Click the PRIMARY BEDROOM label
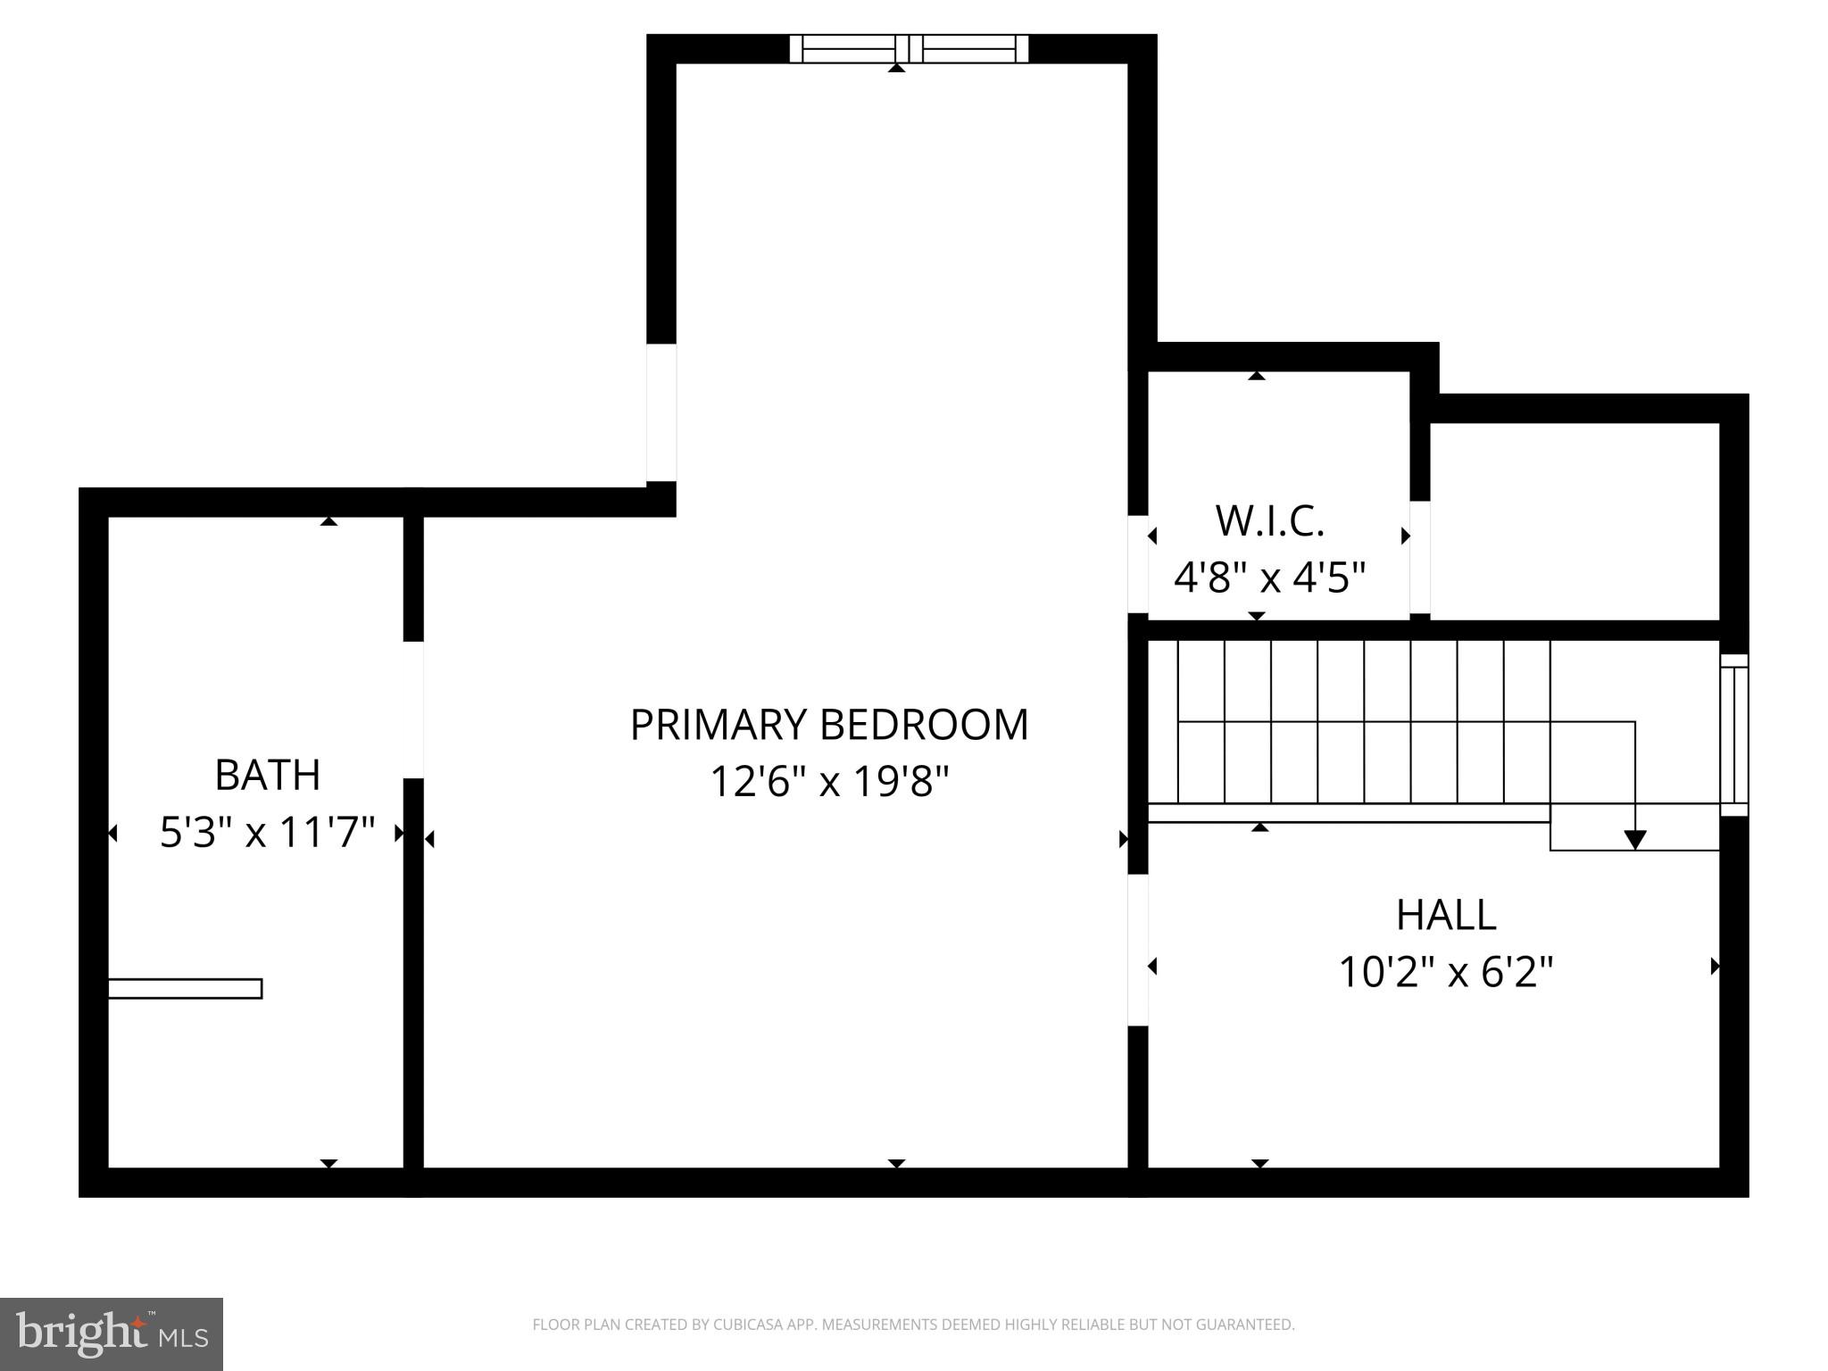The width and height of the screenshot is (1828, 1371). [x=828, y=725]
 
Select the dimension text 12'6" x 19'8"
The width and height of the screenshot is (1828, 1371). [x=828, y=783]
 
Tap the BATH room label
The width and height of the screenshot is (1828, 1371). [x=267, y=775]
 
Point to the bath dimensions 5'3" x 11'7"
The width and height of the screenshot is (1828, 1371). [x=267, y=833]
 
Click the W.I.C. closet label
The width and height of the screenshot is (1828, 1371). [x=1269, y=521]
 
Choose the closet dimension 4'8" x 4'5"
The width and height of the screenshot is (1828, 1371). [x=1269, y=577]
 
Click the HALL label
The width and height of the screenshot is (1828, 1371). [x=1445, y=915]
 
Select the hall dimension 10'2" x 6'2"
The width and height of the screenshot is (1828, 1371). [x=1445, y=972]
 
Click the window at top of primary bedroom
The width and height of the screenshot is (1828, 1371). [x=909, y=49]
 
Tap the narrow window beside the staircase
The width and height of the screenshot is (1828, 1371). [x=1733, y=735]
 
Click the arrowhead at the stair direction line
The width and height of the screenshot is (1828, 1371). [x=1634, y=840]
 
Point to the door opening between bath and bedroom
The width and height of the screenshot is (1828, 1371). [x=412, y=710]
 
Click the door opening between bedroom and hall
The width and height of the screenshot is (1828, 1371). [x=1137, y=949]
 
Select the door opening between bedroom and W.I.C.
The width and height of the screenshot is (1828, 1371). [x=1137, y=564]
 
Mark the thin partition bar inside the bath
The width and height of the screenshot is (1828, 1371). [x=185, y=988]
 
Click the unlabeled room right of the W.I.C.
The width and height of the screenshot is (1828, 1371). [x=1574, y=521]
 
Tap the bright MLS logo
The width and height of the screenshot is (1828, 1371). [x=112, y=1334]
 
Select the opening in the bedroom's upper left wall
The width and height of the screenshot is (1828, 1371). [x=661, y=412]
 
